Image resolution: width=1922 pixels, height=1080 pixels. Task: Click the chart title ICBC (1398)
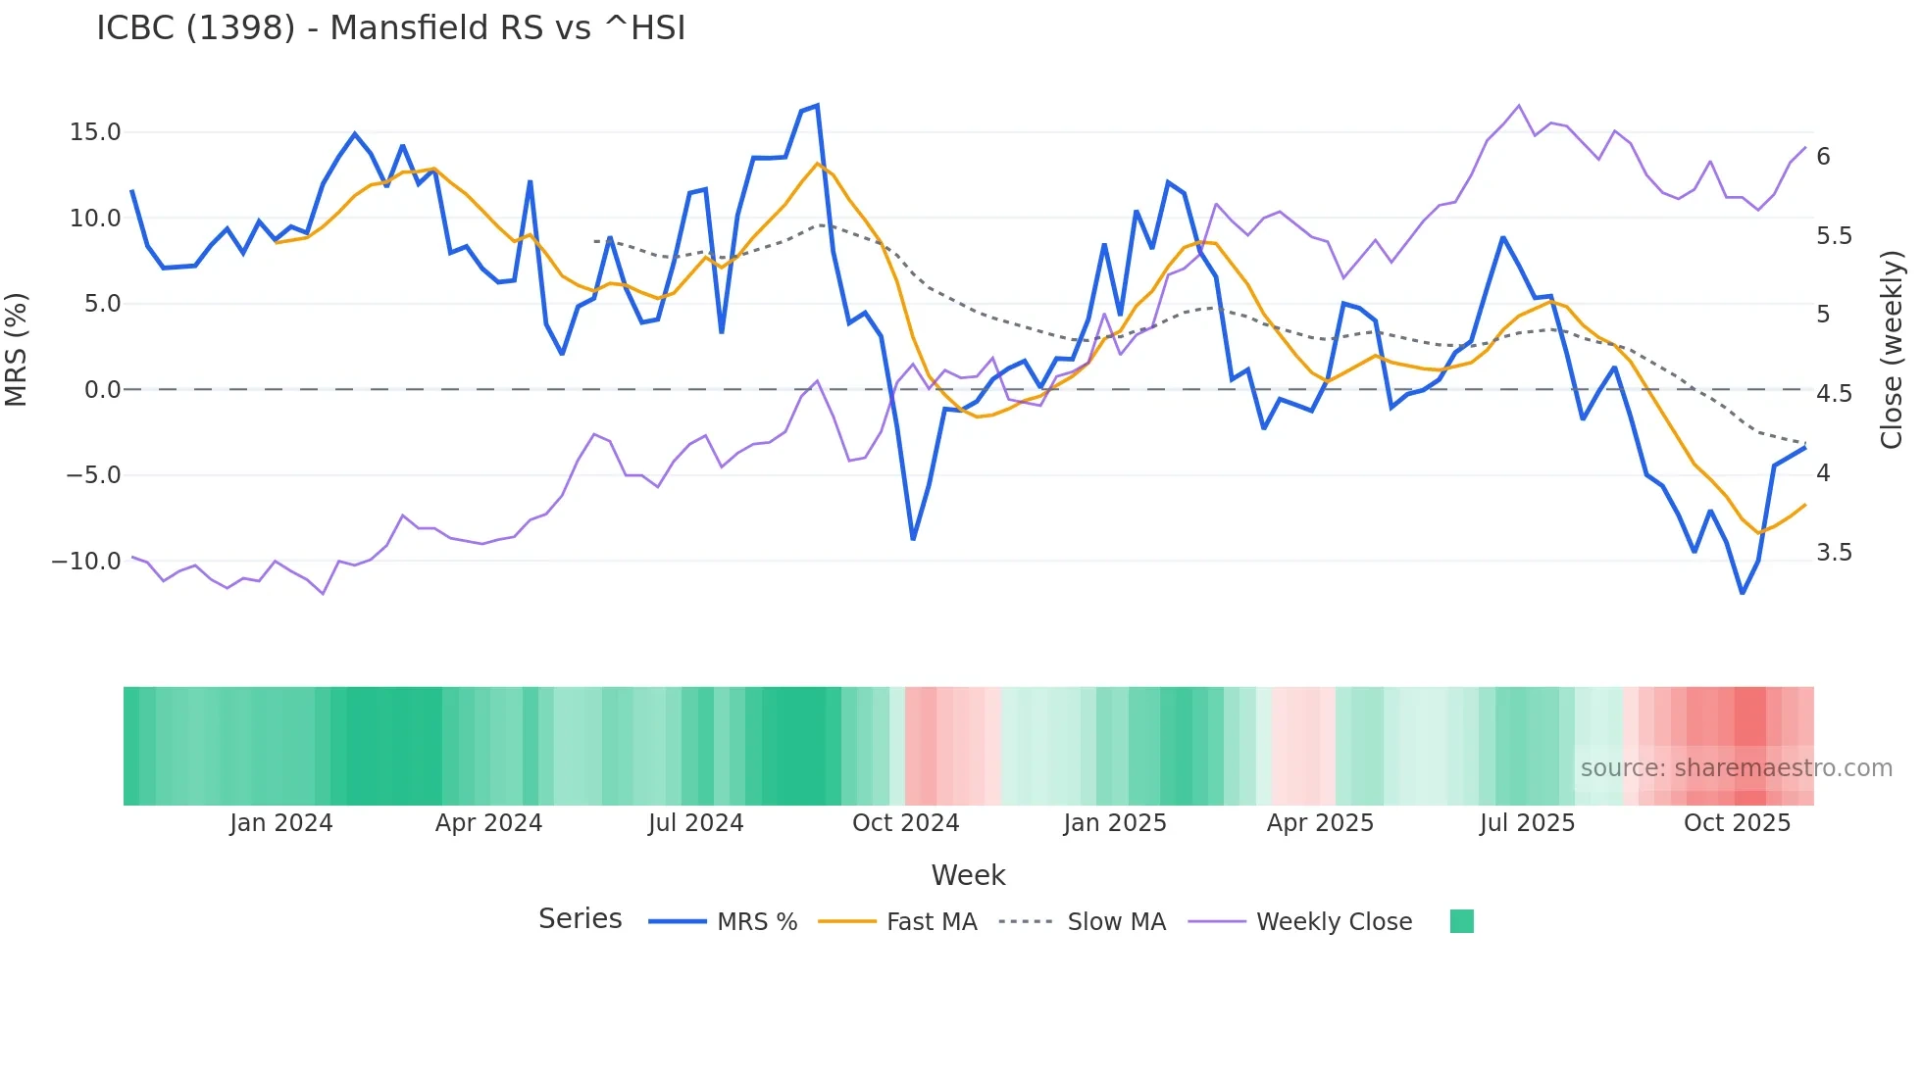pyautogui.click(x=390, y=28)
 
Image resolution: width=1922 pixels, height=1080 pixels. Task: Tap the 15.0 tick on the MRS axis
pyautogui.click(x=94, y=132)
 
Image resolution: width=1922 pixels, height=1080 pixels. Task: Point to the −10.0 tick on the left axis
pyautogui.click(x=86, y=562)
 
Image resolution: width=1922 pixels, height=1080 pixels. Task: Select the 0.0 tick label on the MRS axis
pyautogui.click(x=102, y=390)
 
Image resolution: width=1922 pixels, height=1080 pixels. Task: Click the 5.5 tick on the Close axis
pyautogui.click(x=1834, y=236)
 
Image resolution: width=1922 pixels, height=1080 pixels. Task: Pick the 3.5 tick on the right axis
pyautogui.click(x=1834, y=553)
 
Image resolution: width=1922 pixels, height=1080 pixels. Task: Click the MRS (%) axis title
pyautogui.click(x=17, y=350)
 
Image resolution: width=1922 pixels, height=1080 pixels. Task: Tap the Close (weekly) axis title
pyautogui.click(x=1892, y=350)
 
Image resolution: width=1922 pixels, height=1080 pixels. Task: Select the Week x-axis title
pyautogui.click(x=968, y=875)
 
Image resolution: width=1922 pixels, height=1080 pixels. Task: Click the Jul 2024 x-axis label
pyautogui.click(x=695, y=823)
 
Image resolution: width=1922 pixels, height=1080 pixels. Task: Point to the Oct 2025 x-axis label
pyautogui.click(x=1737, y=823)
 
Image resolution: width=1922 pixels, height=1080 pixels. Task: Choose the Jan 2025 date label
pyautogui.click(x=1115, y=823)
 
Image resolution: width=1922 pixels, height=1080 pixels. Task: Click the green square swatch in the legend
pyautogui.click(x=1461, y=921)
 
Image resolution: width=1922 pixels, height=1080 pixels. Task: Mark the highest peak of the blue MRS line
pyautogui.click(x=817, y=106)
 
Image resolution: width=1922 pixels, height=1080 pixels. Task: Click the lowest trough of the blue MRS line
pyautogui.click(x=1743, y=593)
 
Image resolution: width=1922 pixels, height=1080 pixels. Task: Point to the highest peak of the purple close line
pyautogui.click(x=1518, y=106)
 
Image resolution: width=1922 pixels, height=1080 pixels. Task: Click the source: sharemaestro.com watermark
pyautogui.click(x=1736, y=768)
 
